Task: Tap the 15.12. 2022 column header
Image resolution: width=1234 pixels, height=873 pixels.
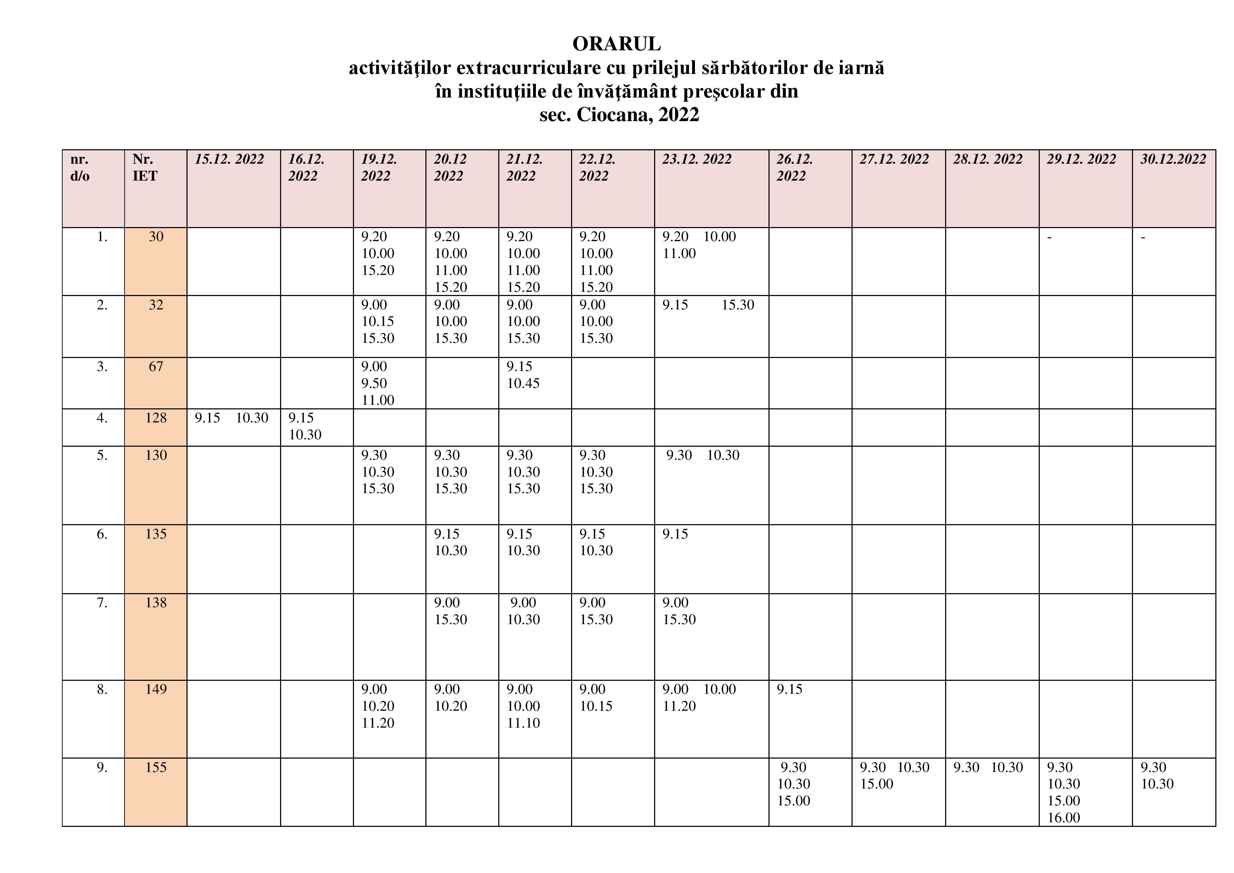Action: [x=229, y=160]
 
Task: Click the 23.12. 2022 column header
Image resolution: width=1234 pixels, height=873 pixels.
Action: [x=697, y=160]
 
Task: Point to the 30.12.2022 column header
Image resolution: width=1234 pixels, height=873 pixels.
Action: [x=1173, y=160]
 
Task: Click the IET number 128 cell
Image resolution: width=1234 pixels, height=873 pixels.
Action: [x=156, y=418]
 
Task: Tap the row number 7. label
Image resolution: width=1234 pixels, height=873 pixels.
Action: [x=102, y=603]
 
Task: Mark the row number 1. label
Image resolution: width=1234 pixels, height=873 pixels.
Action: [x=102, y=237]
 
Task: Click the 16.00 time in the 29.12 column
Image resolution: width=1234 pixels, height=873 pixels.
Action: [x=1063, y=818]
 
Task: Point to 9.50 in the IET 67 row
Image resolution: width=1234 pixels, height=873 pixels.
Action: [x=374, y=384]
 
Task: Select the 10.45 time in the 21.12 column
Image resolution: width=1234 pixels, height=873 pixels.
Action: [x=523, y=384]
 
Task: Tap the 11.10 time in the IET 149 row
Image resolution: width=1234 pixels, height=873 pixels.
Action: [x=523, y=723]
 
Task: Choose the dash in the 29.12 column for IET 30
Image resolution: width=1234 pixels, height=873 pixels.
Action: [x=1049, y=237]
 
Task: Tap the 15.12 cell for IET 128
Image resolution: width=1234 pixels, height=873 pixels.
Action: [x=231, y=418]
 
